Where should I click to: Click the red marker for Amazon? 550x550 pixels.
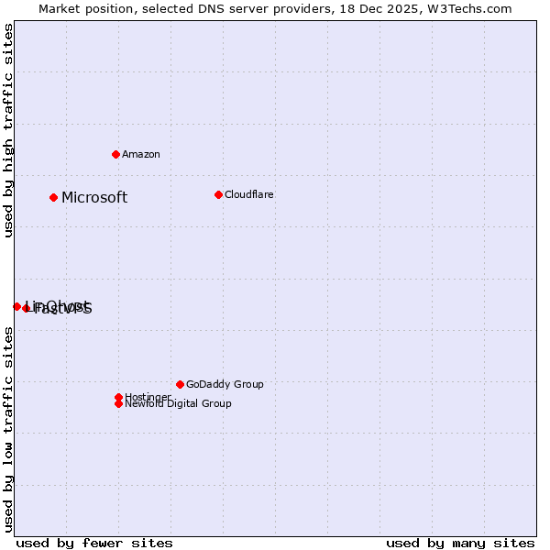(115, 154)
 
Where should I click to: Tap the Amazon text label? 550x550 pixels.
(141, 155)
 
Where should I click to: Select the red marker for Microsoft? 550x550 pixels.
(54, 197)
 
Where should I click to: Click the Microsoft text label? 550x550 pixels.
(94, 198)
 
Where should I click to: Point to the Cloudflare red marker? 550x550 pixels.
(218, 194)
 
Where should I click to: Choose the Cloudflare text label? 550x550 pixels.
(249, 195)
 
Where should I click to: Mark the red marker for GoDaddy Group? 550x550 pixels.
(180, 384)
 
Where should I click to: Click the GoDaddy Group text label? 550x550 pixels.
(225, 385)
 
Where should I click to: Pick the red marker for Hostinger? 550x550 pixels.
(118, 397)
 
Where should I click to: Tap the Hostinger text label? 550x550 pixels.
(148, 398)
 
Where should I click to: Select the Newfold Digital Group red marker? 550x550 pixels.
(118, 403)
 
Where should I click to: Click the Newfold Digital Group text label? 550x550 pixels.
(179, 404)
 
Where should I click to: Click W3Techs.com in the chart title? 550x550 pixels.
(471, 8)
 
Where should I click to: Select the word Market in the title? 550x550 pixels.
(60, 8)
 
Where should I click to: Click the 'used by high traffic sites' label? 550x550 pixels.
(8, 130)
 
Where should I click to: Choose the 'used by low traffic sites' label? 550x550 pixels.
(8, 429)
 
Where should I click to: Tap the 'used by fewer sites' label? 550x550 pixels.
(94, 543)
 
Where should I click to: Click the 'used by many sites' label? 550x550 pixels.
(460, 543)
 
